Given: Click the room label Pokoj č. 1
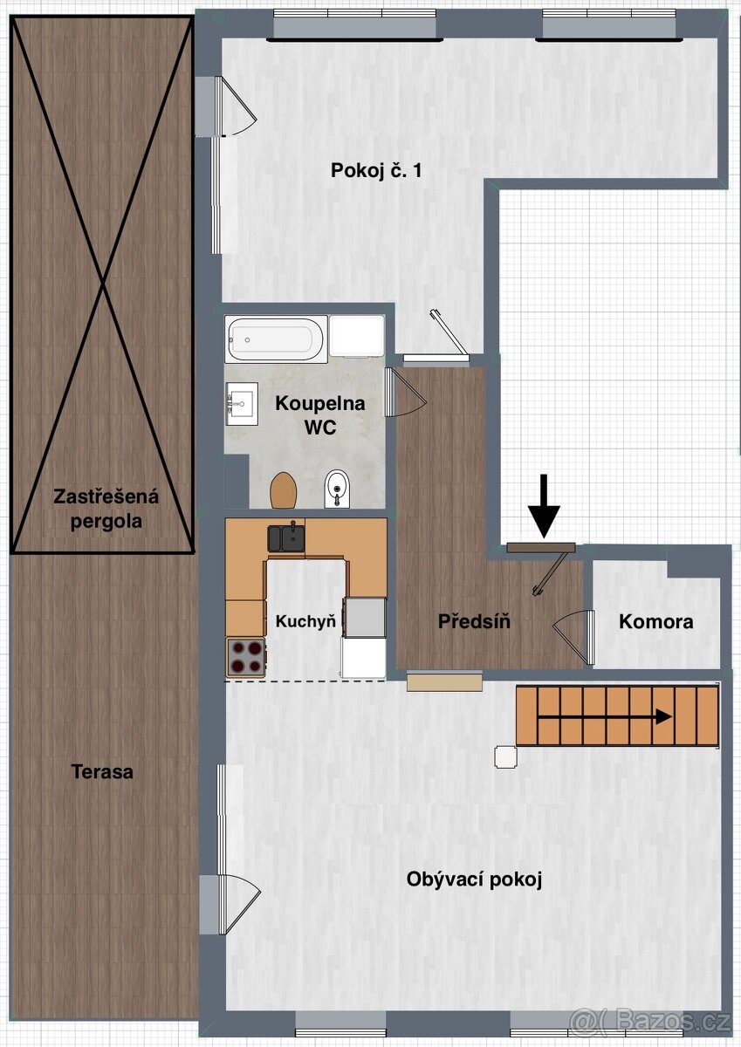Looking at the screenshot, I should click(377, 171).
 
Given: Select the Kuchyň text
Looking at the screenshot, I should click(305, 622).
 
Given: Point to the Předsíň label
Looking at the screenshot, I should click(474, 622).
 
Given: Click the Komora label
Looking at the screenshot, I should click(656, 622).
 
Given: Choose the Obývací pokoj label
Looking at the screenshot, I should click(475, 879).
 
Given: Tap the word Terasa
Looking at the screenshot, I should click(103, 771).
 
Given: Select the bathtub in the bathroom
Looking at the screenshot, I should click(276, 339).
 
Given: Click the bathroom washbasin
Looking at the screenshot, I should click(242, 404).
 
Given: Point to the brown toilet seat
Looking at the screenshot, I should click(284, 491).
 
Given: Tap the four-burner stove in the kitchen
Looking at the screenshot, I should click(246, 657).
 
